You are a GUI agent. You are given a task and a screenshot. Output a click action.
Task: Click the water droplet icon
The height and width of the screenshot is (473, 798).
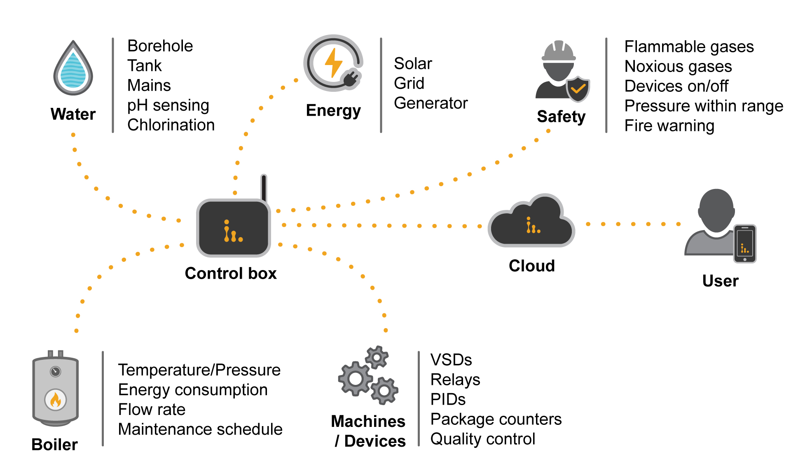click(73, 69)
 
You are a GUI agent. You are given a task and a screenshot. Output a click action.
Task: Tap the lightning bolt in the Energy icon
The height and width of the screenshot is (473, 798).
click(333, 63)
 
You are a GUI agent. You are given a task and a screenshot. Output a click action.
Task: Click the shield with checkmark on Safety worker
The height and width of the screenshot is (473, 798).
click(578, 89)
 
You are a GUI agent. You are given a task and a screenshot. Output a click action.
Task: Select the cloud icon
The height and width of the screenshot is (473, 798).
click(531, 223)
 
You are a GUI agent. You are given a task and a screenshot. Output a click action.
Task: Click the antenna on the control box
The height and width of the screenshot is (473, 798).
click(264, 188)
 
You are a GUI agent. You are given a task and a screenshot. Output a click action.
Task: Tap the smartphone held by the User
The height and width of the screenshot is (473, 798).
click(745, 244)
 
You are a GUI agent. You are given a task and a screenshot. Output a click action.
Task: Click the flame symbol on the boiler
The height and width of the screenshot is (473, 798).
click(56, 399)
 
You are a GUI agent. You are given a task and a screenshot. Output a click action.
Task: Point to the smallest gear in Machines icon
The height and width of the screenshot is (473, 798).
click(377, 357)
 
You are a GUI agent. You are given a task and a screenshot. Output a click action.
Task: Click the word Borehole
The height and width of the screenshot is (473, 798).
click(160, 46)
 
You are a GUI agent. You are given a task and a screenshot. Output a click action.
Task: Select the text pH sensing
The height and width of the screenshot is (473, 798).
click(168, 105)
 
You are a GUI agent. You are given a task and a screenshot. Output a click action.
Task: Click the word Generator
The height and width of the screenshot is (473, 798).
click(431, 103)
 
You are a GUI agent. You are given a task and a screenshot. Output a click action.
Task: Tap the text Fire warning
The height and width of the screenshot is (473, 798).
click(669, 126)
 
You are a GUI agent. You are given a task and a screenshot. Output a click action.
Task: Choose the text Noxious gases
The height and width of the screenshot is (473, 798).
click(678, 67)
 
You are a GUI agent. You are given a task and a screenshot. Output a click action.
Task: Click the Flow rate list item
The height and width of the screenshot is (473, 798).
click(152, 410)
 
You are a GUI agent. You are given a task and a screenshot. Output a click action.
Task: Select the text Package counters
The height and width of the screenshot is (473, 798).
click(496, 419)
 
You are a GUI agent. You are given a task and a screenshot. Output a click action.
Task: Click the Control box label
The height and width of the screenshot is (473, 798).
click(231, 274)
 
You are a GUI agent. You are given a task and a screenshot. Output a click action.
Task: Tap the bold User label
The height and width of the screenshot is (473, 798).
click(720, 281)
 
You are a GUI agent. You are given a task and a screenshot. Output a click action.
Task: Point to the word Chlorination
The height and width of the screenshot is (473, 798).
click(171, 125)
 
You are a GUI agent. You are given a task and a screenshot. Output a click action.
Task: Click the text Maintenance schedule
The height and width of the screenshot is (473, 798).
click(200, 429)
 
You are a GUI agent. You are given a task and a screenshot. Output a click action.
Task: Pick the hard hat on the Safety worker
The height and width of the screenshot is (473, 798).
click(559, 51)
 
